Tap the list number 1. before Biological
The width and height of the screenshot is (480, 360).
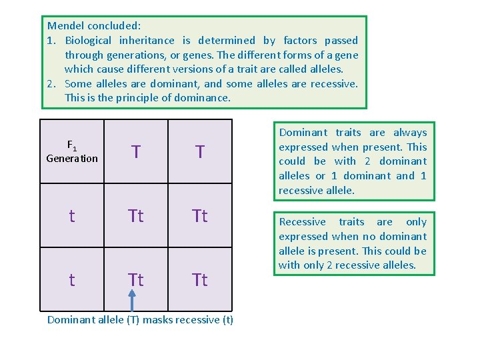52,41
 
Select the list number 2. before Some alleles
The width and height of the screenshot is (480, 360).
52,84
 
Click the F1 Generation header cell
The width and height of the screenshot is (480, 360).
71,151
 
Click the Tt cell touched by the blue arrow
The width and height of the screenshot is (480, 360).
135,280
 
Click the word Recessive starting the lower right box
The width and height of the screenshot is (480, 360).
302,222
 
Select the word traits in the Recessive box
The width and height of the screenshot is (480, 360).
351,222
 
